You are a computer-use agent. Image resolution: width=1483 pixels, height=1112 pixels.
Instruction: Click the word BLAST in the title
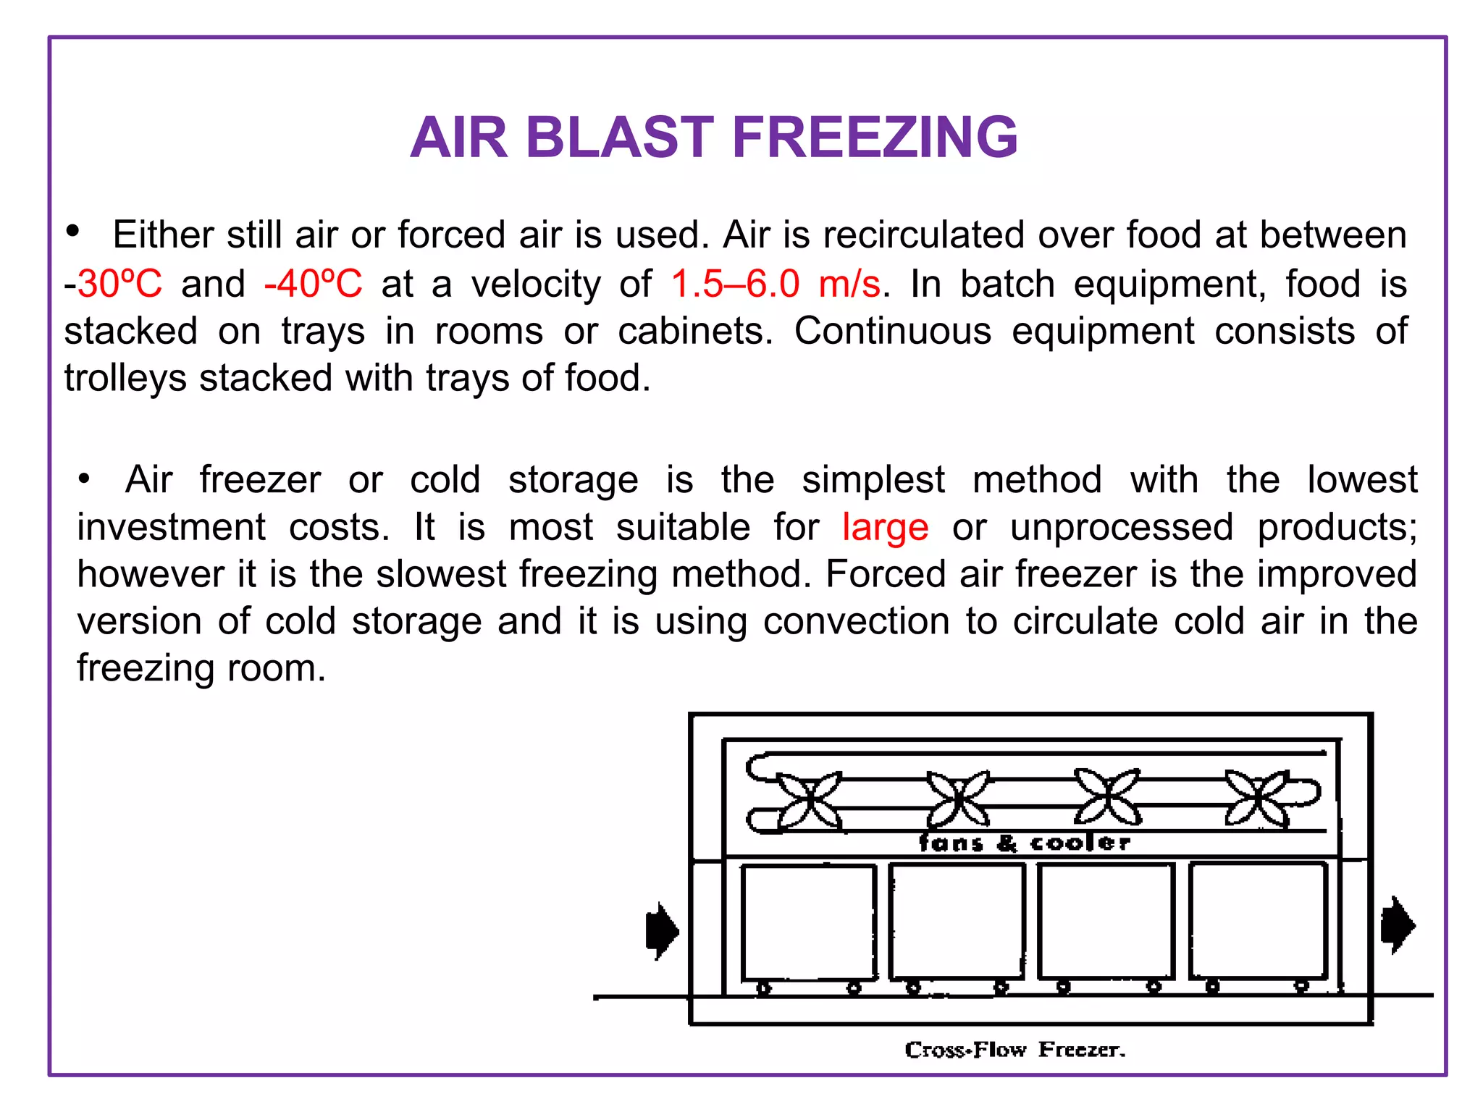point(619,138)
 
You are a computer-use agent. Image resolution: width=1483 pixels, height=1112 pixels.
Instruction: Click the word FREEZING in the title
point(875,138)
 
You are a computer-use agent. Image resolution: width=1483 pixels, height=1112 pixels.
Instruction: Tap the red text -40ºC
point(313,283)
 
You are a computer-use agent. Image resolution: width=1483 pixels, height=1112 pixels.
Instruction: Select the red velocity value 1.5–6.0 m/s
point(776,283)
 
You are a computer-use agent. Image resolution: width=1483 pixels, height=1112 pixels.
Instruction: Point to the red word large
point(885,526)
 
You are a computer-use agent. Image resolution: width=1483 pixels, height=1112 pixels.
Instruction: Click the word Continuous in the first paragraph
point(892,331)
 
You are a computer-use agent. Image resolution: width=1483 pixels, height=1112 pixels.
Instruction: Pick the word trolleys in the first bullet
point(125,379)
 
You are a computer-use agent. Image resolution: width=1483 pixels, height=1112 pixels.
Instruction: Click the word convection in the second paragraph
point(856,621)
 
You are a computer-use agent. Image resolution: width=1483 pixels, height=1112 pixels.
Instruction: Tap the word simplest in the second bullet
point(873,479)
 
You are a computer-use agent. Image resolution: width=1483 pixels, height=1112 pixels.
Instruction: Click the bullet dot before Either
point(72,231)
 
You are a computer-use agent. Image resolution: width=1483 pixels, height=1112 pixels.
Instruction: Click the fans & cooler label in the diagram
point(1024,843)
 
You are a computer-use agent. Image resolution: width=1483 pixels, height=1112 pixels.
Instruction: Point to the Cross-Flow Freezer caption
point(1014,1050)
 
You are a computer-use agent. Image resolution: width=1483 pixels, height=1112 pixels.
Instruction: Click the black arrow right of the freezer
point(1398,925)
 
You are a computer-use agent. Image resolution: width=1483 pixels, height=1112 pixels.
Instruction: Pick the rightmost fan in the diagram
point(1258,799)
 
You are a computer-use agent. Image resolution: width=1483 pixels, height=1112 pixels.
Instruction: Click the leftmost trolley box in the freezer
point(809,922)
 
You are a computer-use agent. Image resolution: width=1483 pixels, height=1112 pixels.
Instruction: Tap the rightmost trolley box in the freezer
point(1258,919)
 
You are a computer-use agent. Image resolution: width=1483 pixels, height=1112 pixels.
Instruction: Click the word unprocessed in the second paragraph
point(1121,526)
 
